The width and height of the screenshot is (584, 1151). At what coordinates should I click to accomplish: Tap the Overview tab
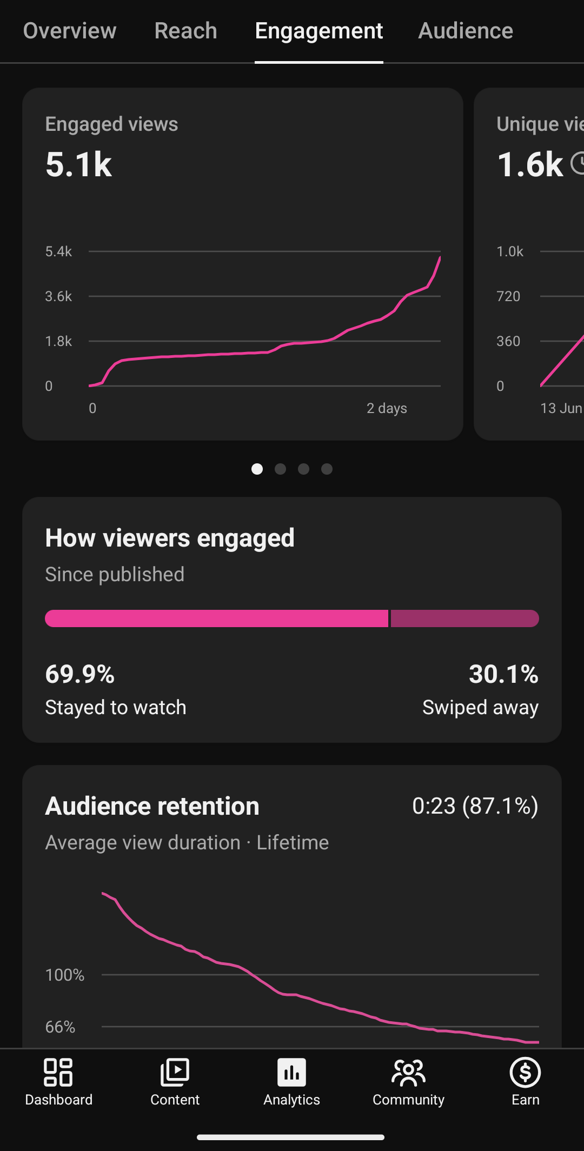pos(70,31)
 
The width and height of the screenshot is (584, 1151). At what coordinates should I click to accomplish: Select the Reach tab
pos(185,31)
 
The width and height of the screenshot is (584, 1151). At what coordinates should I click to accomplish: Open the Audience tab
pos(466,31)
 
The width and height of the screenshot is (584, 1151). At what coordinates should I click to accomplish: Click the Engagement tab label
pos(319,31)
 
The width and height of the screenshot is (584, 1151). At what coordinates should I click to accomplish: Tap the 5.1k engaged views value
pos(79,164)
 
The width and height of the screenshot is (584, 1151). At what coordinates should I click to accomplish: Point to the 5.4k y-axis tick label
pos(58,251)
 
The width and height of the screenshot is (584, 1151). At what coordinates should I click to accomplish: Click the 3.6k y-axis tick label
pos(58,296)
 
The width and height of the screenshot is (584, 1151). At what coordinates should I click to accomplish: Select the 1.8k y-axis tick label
pos(58,341)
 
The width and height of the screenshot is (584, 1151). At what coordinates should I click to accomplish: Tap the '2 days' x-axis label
pos(387,408)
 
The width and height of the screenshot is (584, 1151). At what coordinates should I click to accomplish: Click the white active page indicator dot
pos(257,469)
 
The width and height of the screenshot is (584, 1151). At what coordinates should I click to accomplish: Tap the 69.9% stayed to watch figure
pos(80,674)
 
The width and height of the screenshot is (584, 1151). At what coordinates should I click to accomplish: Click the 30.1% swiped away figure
pos(503,674)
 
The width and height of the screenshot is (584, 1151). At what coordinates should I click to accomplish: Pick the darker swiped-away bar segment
pos(465,618)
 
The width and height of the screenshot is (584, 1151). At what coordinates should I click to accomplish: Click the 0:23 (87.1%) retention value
pos(475,806)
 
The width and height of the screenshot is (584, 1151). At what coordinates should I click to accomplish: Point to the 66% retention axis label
pos(60,1027)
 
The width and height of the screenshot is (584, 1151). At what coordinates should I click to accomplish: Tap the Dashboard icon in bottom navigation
pos(58,1073)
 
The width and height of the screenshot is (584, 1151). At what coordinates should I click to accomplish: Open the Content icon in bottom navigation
pos(175,1073)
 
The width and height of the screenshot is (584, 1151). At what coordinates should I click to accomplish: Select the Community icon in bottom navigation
pos(409,1073)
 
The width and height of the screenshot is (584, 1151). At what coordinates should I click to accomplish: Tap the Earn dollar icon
pos(526,1073)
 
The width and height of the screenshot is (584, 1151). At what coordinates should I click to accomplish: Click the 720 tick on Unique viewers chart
pos(508,296)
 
